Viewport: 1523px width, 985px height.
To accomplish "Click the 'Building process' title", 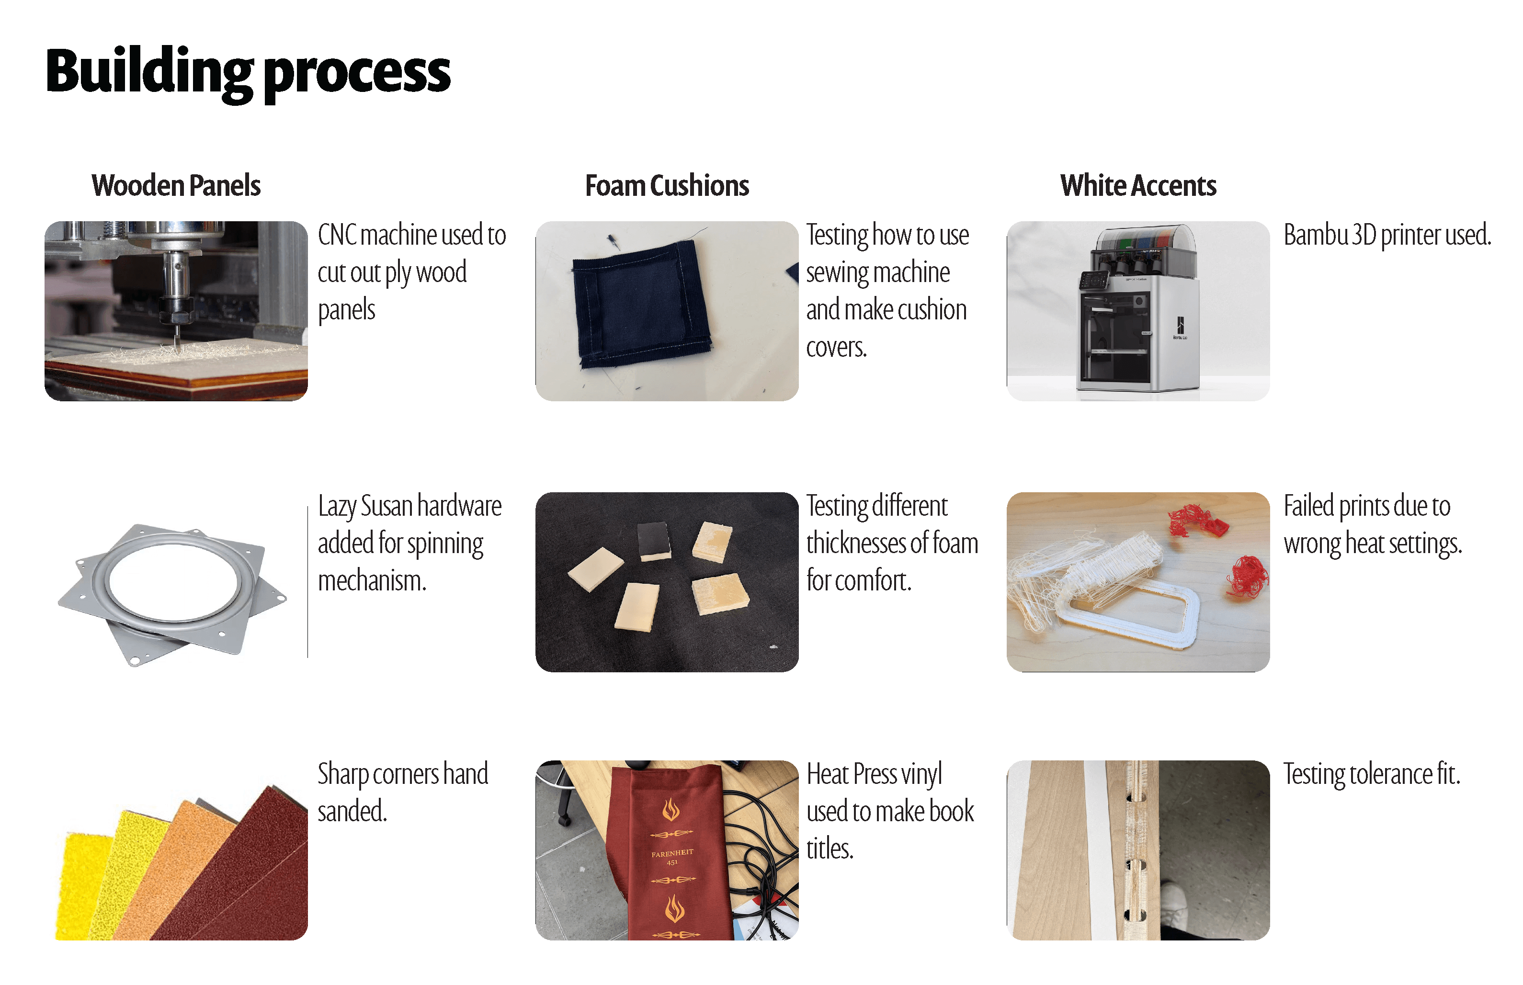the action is tap(248, 72).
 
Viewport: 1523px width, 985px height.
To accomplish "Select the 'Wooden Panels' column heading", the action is tap(176, 185).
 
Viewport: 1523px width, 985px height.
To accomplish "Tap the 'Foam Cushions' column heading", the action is tap(667, 185).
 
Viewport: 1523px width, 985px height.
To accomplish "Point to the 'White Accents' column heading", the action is tap(1137, 185).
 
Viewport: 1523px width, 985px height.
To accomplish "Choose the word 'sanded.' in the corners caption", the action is tap(352, 812).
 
